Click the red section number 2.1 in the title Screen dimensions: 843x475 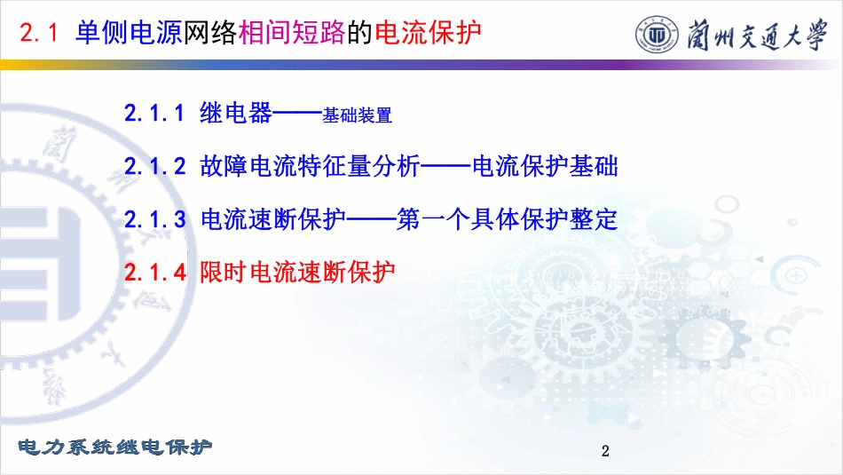[39, 33]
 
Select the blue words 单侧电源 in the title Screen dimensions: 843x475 [129, 32]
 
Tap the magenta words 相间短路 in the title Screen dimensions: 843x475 [292, 32]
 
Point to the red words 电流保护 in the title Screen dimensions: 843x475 [428, 32]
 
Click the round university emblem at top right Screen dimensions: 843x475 [657, 35]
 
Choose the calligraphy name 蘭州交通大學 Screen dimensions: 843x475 [757, 35]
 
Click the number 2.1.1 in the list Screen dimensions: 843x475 [154, 114]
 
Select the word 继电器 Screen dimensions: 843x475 [236, 113]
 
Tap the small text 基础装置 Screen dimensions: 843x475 [357, 115]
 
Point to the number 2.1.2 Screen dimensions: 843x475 [154, 166]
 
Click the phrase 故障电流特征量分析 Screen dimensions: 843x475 [310, 166]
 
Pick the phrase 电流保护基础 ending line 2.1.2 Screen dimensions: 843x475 [545, 166]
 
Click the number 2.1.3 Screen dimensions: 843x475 [154, 219]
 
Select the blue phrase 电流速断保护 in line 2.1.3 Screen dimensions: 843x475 [273, 219]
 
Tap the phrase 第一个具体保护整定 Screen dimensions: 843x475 [507, 219]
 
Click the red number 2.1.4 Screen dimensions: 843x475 [154, 273]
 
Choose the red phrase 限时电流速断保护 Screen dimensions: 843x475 [297, 272]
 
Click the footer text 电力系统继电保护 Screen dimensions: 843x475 [115, 447]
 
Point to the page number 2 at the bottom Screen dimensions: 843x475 [605, 451]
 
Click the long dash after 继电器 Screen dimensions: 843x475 [297, 114]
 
